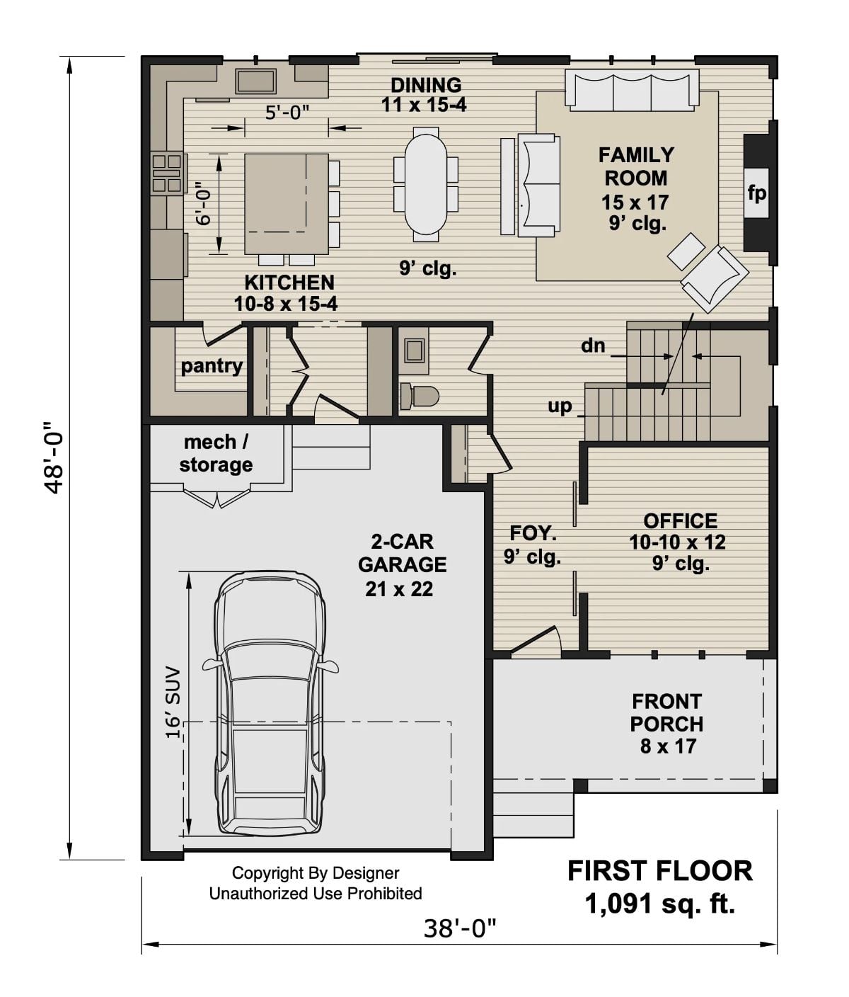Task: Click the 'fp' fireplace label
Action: click(756, 193)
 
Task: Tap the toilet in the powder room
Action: click(418, 396)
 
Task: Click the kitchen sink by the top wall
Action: click(256, 81)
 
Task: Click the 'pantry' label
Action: click(212, 366)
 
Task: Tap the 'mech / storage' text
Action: click(216, 453)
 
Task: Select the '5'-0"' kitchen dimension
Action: click(287, 112)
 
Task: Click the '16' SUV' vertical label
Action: click(173, 702)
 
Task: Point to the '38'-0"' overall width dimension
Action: click(460, 928)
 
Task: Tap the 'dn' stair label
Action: click(593, 346)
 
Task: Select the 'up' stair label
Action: click(560, 406)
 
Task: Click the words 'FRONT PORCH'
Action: click(667, 712)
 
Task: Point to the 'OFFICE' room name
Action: click(680, 521)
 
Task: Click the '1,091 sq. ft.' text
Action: click(659, 904)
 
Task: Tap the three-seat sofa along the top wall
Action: click(631, 91)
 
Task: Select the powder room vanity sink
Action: click(413, 351)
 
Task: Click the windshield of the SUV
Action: click(270, 662)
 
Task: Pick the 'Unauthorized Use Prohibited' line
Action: click(316, 894)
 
